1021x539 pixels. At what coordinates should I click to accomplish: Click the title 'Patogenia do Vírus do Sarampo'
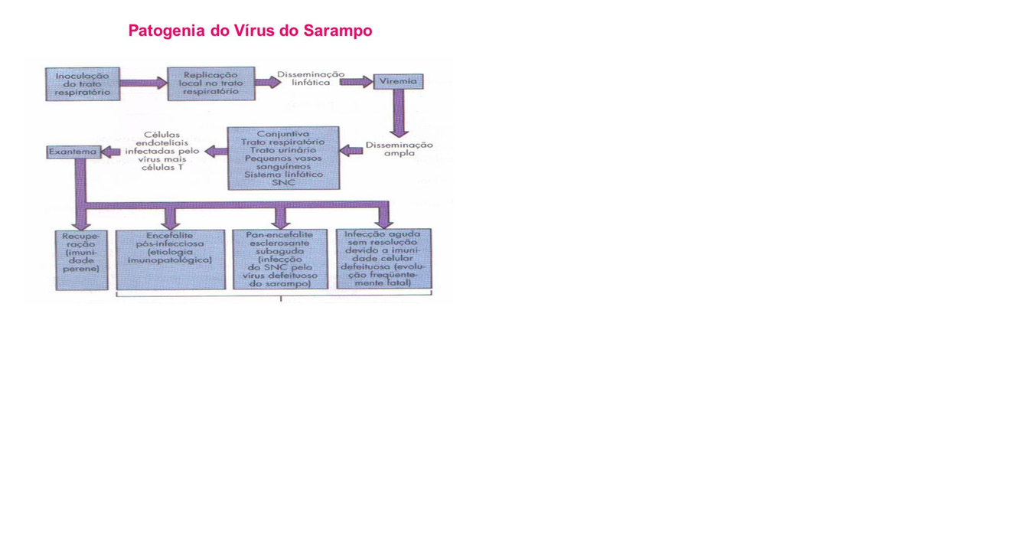click(x=250, y=31)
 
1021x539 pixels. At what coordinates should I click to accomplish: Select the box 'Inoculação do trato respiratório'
click(x=83, y=83)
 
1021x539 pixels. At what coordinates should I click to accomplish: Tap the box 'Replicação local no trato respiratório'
click(x=210, y=83)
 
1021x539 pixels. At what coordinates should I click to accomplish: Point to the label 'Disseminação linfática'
click(x=311, y=78)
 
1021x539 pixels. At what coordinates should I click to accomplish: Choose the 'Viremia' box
click(x=398, y=81)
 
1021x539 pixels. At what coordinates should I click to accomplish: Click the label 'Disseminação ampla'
click(x=399, y=149)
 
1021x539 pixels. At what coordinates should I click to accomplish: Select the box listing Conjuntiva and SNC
click(x=283, y=158)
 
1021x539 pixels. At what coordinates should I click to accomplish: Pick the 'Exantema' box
click(x=73, y=152)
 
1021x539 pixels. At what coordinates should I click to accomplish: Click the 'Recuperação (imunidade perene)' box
click(x=81, y=260)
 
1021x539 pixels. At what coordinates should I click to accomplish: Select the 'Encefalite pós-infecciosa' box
click(x=170, y=259)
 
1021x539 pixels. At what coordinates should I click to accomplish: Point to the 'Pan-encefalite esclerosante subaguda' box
click(x=279, y=259)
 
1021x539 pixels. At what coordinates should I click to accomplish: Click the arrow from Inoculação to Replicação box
click(x=143, y=83)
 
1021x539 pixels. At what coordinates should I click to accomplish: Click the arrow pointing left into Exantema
click(x=111, y=152)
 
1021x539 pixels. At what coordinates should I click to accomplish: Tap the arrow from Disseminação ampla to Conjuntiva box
click(x=351, y=151)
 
